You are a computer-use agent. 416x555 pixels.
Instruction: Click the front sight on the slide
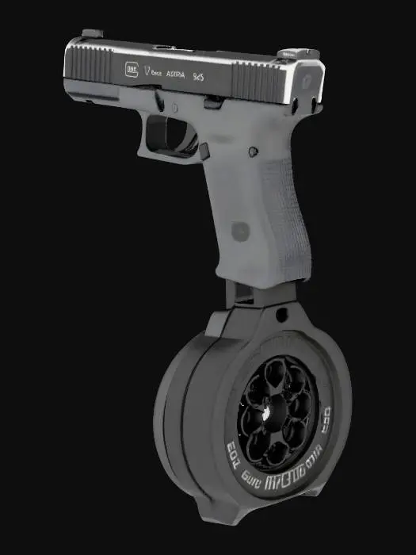(90, 33)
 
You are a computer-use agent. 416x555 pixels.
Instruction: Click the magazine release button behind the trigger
(203, 147)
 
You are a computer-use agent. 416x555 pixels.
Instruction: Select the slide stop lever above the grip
(212, 101)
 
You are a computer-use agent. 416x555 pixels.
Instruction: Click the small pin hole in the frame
(254, 151)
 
